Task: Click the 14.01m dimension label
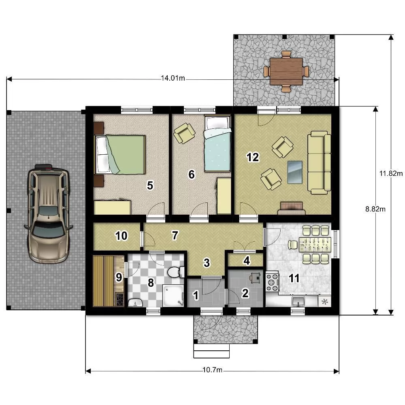pos(173,78)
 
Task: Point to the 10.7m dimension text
pos(212,370)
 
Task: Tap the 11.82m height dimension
pos(391,173)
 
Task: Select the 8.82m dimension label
pos(375,209)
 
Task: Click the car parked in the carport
pos(49,213)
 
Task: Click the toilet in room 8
pos(176,272)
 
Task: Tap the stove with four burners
pos(272,281)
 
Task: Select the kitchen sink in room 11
pos(298,301)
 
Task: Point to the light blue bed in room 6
pos(217,143)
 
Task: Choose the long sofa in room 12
pos(319,162)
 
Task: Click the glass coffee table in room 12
pos(295,172)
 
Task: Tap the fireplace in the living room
pos(291,208)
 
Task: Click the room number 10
pos(121,236)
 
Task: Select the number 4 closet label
pos(247,260)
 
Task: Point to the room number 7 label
pos(175,235)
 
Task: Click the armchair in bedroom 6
pos(184,133)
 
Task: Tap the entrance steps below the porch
pos(211,351)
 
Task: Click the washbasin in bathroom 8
pos(135,303)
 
